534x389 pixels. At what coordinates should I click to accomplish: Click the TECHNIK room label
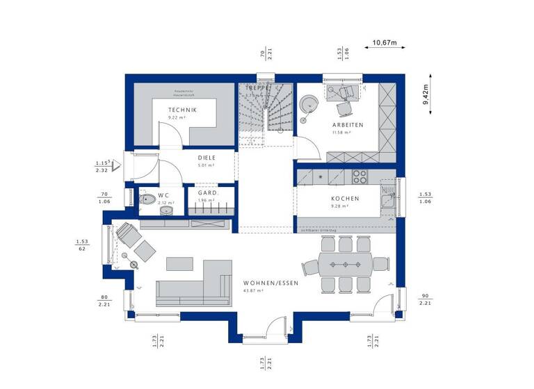click(182, 110)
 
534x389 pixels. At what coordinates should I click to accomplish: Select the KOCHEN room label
click(345, 198)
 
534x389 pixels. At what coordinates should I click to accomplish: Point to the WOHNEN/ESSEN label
click(271, 283)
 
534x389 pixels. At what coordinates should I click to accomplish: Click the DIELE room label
click(207, 158)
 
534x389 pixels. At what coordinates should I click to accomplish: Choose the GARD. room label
click(207, 192)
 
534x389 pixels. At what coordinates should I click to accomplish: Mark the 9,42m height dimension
click(426, 93)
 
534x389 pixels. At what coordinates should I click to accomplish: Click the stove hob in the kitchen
click(359, 176)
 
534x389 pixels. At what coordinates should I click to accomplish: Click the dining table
click(346, 264)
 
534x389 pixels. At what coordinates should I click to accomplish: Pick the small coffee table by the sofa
click(179, 263)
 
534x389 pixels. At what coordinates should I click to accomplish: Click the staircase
click(265, 111)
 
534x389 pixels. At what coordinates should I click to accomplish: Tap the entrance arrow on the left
click(117, 165)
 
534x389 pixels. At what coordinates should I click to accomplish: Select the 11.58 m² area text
click(341, 132)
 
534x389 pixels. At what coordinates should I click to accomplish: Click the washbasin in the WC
click(165, 209)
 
